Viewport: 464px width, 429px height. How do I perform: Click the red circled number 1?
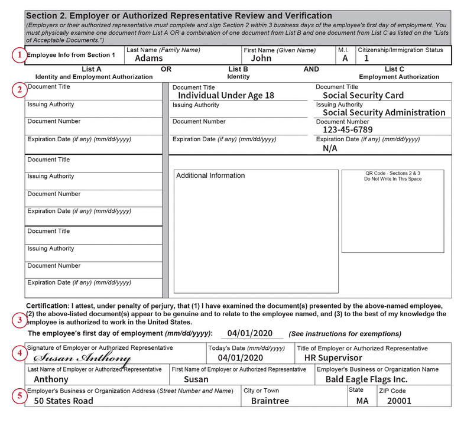20,55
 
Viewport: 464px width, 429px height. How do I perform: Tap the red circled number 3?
20,321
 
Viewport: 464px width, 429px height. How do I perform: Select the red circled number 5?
20,396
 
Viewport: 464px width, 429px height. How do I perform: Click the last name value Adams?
149,58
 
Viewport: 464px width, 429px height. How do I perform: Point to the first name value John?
261,58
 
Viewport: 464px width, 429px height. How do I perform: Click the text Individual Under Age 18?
226,95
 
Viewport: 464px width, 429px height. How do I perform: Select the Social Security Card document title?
363,95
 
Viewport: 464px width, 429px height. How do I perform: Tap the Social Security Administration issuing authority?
384,112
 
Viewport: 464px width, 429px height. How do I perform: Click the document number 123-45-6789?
348,130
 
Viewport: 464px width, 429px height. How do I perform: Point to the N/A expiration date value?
330,148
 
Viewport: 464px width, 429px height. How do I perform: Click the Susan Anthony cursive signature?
82,358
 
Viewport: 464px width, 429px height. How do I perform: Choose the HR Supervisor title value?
333,357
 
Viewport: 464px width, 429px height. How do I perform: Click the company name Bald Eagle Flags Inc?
366,379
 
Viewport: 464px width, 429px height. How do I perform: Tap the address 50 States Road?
63,401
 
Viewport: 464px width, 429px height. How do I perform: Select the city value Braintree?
270,401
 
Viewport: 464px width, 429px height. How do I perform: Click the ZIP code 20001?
399,401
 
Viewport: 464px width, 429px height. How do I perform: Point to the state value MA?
362,401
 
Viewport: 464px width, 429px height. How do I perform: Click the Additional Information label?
210,175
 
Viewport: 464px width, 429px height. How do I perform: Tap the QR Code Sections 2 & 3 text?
392,176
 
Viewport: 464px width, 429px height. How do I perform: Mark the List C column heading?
394,69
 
